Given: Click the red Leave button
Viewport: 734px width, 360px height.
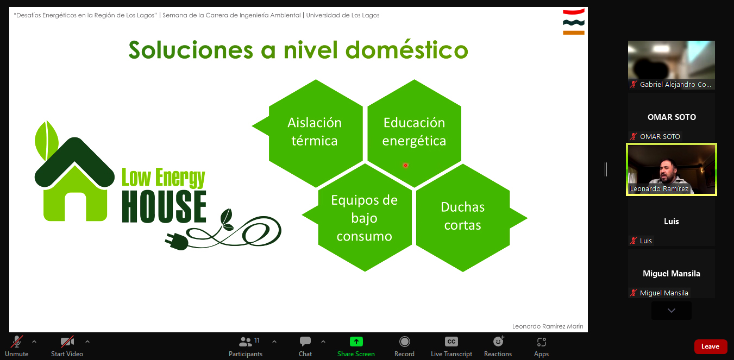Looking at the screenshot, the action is click(x=711, y=346).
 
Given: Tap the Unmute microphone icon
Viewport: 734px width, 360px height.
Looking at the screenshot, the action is click(x=16, y=342).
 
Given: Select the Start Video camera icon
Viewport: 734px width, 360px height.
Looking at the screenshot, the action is click(x=67, y=342).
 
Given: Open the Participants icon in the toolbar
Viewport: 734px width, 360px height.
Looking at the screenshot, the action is click(x=246, y=342).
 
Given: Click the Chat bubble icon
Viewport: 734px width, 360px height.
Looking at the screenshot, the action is click(x=305, y=342).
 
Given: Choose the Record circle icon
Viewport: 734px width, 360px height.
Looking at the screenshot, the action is click(x=404, y=342).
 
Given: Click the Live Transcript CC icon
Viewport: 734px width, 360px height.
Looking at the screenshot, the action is click(x=451, y=342).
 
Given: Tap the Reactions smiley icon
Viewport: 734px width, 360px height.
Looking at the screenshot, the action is click(x=498, y=342).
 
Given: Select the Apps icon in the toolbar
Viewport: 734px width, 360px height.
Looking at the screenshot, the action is click(x=541, y=342).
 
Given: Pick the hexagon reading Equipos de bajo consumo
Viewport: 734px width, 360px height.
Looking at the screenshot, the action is click(x=365, y=218).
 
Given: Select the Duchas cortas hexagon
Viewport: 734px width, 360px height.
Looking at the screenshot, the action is click(x=463, y=218).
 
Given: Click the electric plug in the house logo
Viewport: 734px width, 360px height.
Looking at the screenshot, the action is click(x=177, y=242).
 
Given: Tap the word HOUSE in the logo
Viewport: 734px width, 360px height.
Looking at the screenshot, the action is click(x=164, y=207).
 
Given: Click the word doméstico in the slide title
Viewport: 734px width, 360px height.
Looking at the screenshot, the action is click(x=406, y=50).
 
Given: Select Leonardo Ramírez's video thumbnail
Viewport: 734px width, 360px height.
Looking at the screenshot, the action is click(x=672, y=169).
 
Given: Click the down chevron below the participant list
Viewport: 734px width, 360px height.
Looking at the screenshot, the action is click(x=672, y=310).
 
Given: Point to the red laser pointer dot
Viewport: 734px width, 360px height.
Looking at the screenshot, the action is click(x=405, y=166).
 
